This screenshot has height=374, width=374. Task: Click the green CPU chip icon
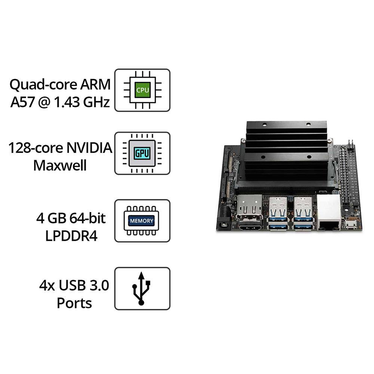[142, 90]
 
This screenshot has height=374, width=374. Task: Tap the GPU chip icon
[142, 153]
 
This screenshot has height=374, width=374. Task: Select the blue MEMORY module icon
[142, 221]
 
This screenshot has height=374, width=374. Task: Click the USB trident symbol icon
[142, 288]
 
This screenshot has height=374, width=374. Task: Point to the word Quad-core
[44, 85]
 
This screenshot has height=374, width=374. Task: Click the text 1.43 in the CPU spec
[68, 102]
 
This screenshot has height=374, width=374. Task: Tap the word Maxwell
[60, 165]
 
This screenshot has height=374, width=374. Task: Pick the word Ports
[74, 303]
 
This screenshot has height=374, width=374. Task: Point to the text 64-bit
[86, 218]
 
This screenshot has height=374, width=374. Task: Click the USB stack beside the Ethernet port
[303, 214]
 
